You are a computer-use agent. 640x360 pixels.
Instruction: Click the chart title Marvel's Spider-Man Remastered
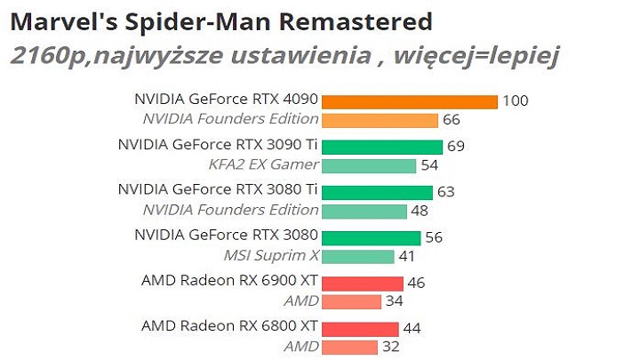(221, 20)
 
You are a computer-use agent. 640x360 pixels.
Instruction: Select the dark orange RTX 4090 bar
(409, 101)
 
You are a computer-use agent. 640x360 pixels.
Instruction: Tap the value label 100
(515, 101)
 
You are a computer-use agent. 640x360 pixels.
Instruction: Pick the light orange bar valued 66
(380, 119)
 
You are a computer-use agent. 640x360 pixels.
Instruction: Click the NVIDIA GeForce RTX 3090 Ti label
(218, 143)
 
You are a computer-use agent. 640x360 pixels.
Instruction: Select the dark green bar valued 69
(381, 147)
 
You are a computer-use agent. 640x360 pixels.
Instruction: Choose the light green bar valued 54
(369, 165)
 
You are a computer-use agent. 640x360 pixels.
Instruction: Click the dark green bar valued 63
(377, 192)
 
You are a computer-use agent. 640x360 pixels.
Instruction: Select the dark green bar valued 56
(371, 237)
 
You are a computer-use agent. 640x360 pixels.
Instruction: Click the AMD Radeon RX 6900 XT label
(229, 280)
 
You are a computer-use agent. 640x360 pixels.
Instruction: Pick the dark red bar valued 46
(362, 284)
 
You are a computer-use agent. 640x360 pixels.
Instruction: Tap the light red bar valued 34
(351, 301)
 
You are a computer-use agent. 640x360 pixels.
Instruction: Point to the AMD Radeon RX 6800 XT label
(229, 325)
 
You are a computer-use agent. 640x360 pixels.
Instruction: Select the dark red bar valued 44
(360, 329)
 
